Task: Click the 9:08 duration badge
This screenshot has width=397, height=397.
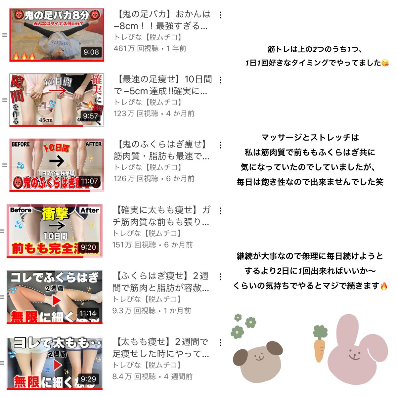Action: [91, 52]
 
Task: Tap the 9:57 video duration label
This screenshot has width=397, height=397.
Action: [90, 116]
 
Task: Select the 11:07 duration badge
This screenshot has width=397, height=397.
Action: [89, 181]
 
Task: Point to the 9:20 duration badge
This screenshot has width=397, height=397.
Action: [88, 247]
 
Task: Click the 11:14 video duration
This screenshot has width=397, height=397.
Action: [88, 313]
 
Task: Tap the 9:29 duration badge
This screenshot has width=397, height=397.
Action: [88, 379]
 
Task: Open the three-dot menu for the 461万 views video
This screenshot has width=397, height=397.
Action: [220, 15]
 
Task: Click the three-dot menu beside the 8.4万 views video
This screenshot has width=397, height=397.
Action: [220, 342]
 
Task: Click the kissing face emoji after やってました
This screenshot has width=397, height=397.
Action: [385, 63]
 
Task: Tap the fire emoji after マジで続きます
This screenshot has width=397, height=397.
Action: [384, 286]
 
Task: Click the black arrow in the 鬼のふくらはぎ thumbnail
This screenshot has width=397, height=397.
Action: [56, 161]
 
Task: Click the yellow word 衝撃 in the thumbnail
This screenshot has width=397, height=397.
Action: [55, 214]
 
